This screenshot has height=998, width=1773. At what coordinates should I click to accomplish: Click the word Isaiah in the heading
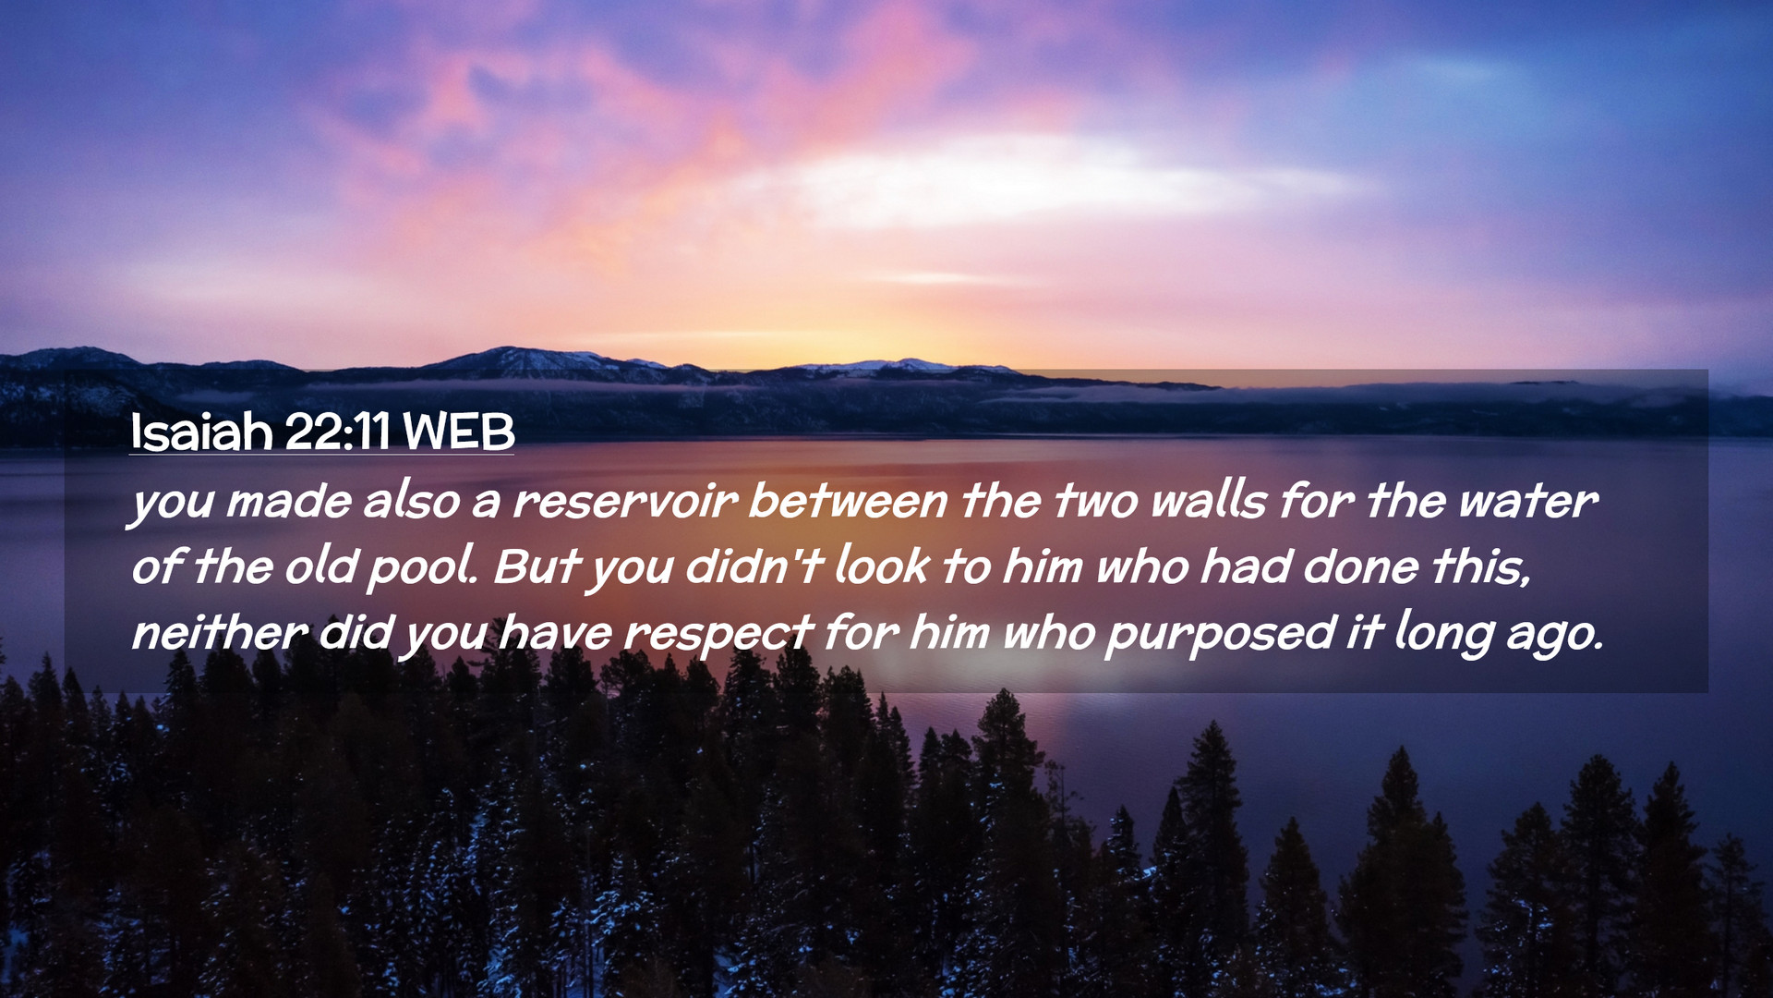(x=201, y=431)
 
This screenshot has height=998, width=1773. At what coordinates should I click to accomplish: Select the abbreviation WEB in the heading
(x=459, y=432)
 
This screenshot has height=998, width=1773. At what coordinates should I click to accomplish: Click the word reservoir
(x=625, y=502)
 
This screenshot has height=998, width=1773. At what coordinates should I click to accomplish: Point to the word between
(x=848, y=501)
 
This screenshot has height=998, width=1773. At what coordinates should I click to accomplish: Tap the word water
(x=1527, y=502)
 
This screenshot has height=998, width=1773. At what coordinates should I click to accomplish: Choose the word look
(x=882, y=566)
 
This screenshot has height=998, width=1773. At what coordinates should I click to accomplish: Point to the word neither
(x=220, y=633)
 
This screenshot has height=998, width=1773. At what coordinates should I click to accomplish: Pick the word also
(x=411, y=501)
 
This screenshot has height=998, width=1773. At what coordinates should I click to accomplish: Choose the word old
(x=320, y=566)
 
